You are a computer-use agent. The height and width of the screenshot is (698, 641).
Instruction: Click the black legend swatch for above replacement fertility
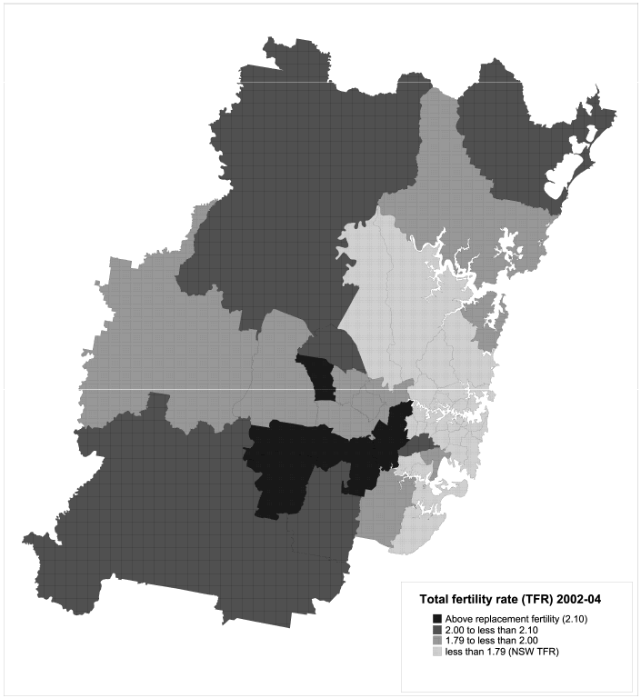pyautogui.click(x=437, y=619)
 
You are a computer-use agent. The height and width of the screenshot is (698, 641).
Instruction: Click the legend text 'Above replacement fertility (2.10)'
pyautogui.click(x=517, y=619)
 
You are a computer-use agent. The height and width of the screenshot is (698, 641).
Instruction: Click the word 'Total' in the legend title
pyautogui.click(x=436, y=600)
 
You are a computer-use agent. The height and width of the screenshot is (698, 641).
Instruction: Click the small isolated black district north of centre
pyautogui.click(x=318, y=377)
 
